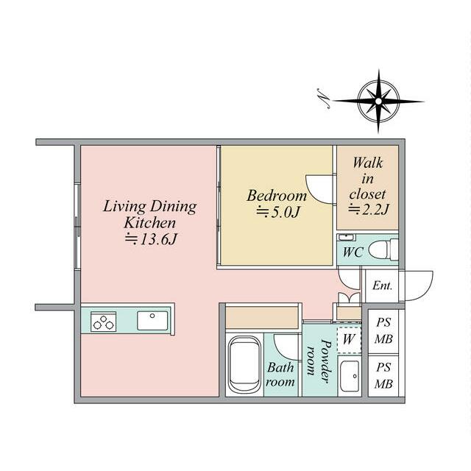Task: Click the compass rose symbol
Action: point(378,102)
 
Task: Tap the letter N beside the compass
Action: point(324,98)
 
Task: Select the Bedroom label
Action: point(277,196)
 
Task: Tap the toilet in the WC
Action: point(383,249)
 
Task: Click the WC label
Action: point(353,252)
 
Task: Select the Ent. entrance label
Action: point(382,286)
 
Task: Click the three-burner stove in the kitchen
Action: point(103,322)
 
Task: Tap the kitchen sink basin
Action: point(152,321)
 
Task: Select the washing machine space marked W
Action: point(349,340)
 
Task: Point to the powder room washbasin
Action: point(350,376)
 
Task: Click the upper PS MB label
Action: point(383,330)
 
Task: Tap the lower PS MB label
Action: point(383,375)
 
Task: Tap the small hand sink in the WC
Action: point(347,238)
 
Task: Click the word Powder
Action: point(326,361)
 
